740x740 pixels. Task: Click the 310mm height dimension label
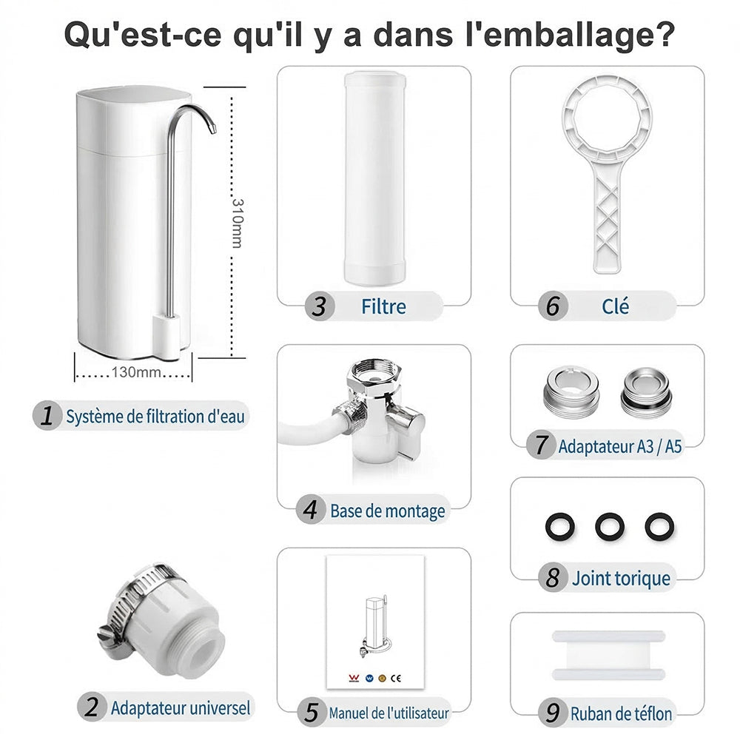[x=238, y=223]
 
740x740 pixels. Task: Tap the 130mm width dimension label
[x=136, y=372]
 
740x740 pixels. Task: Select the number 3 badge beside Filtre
[x=320, y=306]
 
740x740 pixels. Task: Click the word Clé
[x=615, y=306]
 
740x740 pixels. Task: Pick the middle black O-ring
[x=609, y=526]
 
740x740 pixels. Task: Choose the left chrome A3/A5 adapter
[x=571, y=388]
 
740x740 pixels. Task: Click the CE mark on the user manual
[x=396, y=678]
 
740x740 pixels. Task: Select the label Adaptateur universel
[x=181, y=708]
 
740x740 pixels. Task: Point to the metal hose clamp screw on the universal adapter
[x=110, y=636]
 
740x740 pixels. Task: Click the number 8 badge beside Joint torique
[x=553, y=578]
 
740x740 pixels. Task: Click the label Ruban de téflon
[x=621, y=713]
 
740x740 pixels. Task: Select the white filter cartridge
[x=374, y=178]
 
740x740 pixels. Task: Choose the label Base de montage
[x=388, y=511]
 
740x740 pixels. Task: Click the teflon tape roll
[x=609, y=655]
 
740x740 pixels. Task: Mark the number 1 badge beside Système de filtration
[x=47, y=416]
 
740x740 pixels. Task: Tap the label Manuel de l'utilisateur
[x=389, y=713]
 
